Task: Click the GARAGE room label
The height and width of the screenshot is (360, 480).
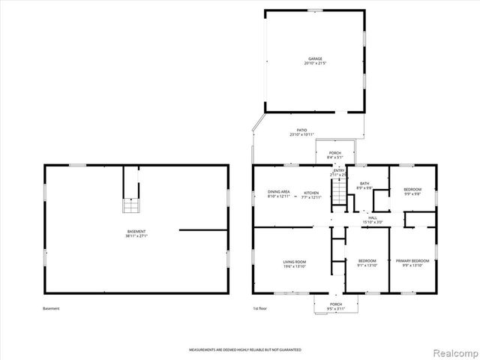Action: pos(313,58)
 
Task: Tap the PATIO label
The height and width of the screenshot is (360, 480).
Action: pos(301,130)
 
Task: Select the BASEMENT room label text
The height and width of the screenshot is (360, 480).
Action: pos(136,232)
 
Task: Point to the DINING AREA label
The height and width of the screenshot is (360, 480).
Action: pos(279,193)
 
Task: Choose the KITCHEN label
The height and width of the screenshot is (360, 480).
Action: pos(310,193)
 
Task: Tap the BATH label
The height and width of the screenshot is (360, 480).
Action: pos(364,184)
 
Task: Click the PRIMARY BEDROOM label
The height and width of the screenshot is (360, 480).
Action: pos(412,261)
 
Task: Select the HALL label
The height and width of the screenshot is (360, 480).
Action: pos(373,217)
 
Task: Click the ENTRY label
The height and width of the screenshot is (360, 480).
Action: pos(339,171)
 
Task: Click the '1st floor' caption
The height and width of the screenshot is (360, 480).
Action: pos(259,308)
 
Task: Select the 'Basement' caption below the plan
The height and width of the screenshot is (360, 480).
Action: pos(51,308)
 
